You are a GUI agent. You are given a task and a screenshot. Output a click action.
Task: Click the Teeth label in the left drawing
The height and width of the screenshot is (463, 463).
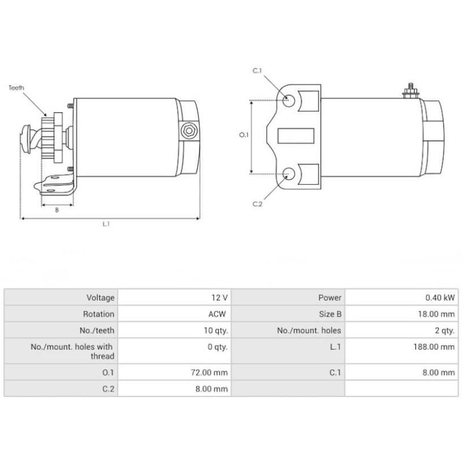pyautogui.click(x=17, y=88)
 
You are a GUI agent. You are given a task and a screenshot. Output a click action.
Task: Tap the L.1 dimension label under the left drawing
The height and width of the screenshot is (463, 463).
pyautogui.click(x=106, y=225)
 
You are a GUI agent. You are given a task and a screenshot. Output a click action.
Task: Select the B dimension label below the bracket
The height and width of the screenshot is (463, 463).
pyautogui.click(x=57, y=210)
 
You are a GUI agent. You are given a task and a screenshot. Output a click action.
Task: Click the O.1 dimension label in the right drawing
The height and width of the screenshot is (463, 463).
pyautogui.click(x=244, y=134)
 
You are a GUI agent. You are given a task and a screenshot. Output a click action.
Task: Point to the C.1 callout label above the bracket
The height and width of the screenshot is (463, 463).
pyautogui.click(x=258, y=71)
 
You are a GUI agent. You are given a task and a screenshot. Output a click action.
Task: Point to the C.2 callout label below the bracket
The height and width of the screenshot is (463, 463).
pyautogui.click(x=258, y=204)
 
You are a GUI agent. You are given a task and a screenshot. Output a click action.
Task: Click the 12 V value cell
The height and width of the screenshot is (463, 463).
pyautogui.click(x=219, y=297)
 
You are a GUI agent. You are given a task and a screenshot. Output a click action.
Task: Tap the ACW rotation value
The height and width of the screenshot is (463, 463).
pyautogui.click(x=219, y=314)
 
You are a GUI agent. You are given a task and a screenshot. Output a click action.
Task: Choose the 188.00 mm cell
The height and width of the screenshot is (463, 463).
pyautogui.click(x=438, y=347)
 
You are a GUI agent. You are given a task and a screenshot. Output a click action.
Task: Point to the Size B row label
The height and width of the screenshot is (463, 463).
pyautogui.click(x=330, y=314)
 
